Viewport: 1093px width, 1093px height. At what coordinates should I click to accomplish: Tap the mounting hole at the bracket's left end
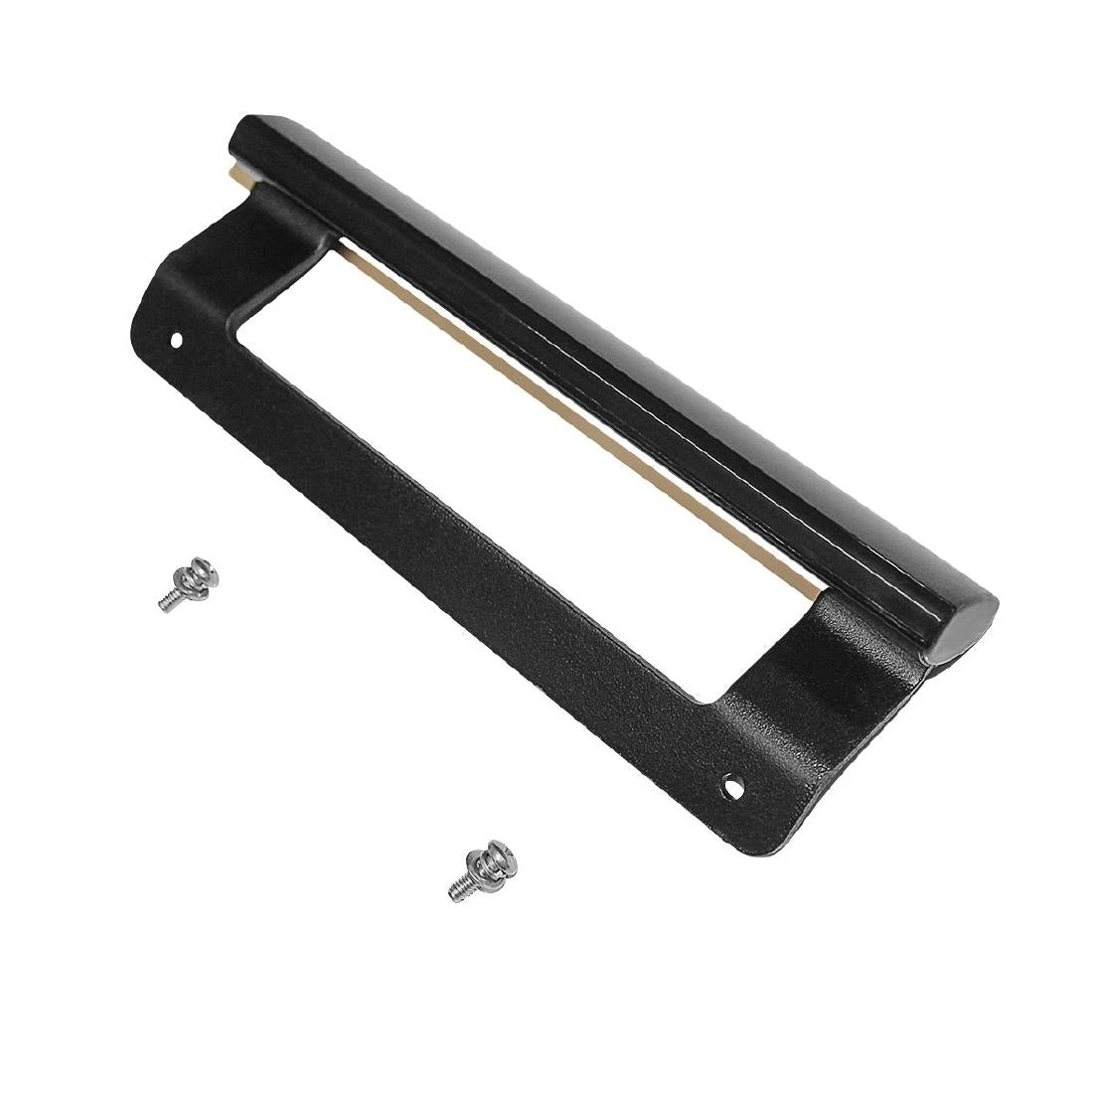coord(178,339)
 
